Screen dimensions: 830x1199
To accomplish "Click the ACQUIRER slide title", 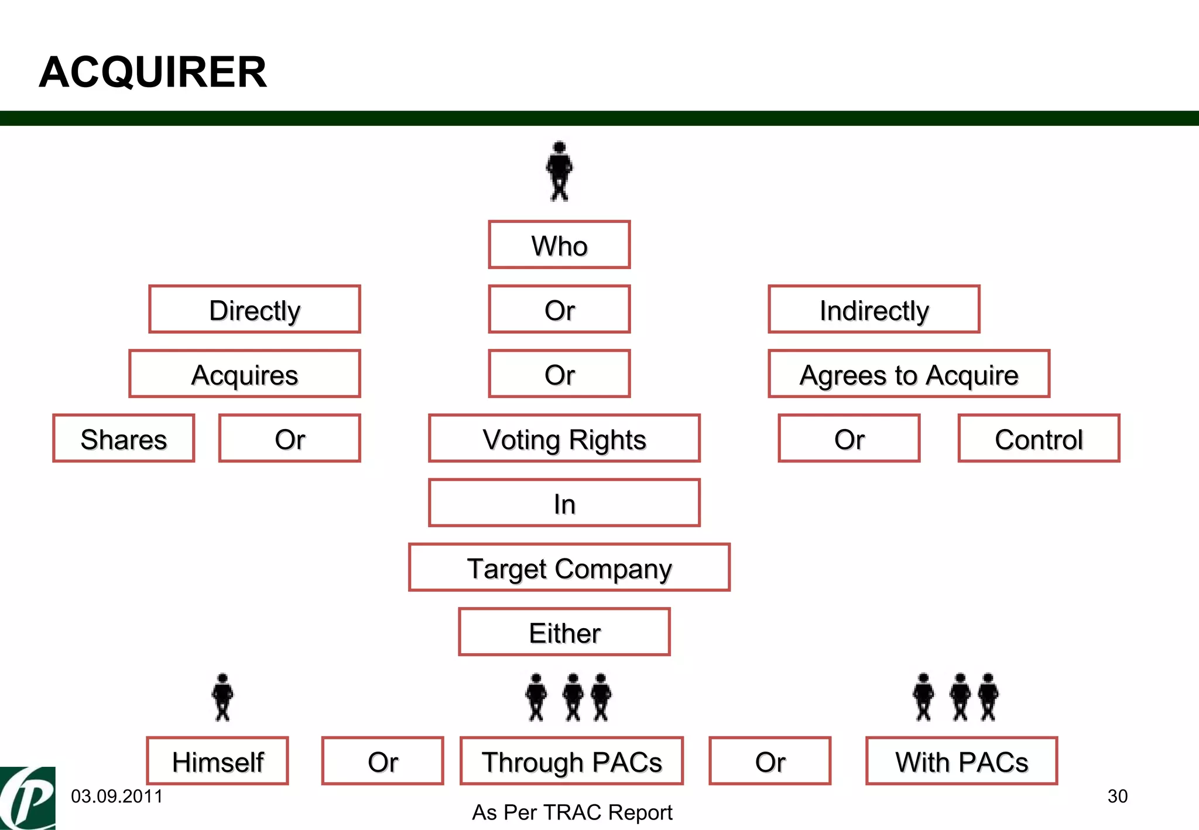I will coord(152,72).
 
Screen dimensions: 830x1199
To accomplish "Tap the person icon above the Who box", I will coord(559,171).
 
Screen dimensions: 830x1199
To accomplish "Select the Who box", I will coord(559,245).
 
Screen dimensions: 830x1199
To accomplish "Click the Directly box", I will coord(255,310).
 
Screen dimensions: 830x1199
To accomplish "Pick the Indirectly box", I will coord(873,310).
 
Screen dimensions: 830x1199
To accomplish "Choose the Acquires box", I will coord(245,374).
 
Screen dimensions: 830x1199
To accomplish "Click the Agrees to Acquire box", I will coord(909,374).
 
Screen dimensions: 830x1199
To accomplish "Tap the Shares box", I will coord(124,438).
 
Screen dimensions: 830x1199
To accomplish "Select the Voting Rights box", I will coord(564,438).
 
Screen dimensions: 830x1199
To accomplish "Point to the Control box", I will coord(1039,438).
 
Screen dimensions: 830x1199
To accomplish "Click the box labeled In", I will coord(564,503).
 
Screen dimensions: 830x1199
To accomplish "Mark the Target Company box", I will coord(569,568).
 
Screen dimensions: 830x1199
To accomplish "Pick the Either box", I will coord(564,632).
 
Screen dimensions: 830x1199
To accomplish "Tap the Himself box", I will coord(217,761).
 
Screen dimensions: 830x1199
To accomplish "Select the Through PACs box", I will coord(571,761).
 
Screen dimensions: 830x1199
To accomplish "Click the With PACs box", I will coord(961,761).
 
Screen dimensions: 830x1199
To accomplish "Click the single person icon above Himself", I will coord(222,697).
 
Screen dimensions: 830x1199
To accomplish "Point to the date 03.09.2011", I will coord(117,796).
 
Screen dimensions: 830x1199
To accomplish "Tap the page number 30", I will coord(1117,796).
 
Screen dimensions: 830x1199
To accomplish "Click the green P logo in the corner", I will coord(28,798).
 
